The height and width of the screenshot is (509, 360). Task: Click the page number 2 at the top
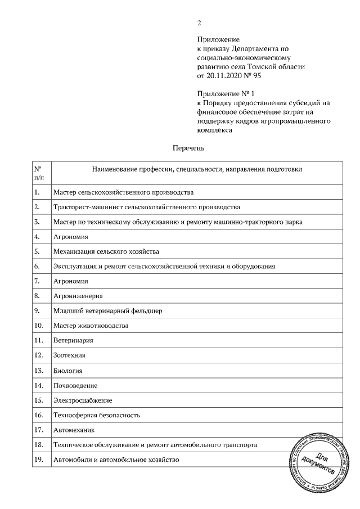[199, 23]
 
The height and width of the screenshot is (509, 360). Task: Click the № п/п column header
[39, 173]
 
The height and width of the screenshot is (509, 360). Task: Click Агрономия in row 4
[70, 237]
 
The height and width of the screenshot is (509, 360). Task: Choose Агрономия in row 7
[70, 281]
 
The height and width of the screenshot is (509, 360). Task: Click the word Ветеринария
[73, 340]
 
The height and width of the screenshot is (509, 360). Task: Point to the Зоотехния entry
[70, 355]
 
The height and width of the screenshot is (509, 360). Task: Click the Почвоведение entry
[75, 386]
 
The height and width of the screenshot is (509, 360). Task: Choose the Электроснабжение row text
[83, 400]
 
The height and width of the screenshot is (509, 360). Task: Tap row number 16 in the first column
[39, 415]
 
